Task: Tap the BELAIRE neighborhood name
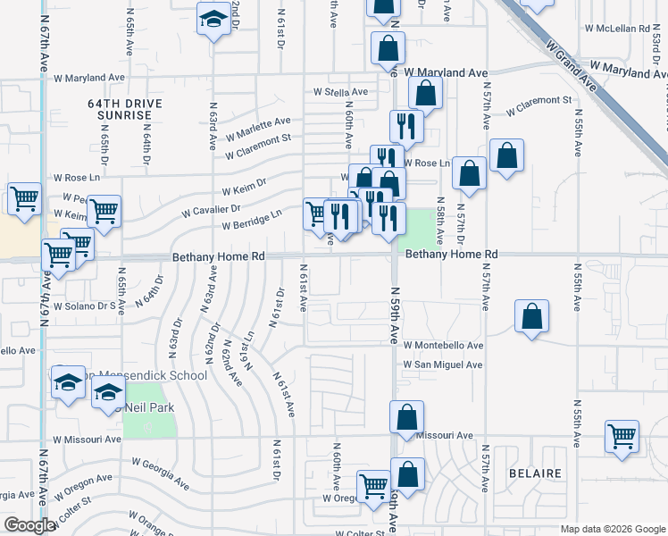coord(535,473)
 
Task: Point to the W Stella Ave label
coord(339,92)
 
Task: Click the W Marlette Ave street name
coord(258,127)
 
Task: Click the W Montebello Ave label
coord(443,345)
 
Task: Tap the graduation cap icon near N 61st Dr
coord(214,20)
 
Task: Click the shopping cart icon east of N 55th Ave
coord(622,437)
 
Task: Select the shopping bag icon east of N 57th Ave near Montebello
coord(532,315)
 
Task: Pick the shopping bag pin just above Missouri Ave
coord(407,416)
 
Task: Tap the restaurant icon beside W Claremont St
coord(406,126)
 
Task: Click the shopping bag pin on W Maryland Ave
coord(388,47)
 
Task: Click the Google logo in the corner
coord(29,526)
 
